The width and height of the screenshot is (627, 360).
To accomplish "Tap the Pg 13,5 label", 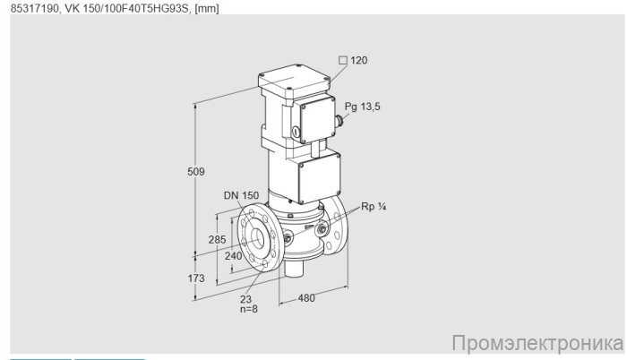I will tap(363, 107).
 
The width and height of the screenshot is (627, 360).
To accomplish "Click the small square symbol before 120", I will tap(341, 61).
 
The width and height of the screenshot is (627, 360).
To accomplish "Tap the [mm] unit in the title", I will tap(206, 7).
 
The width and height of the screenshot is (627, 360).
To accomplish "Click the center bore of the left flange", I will tap(256, 237).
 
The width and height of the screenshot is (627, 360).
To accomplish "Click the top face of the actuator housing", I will tap(291, 79).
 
